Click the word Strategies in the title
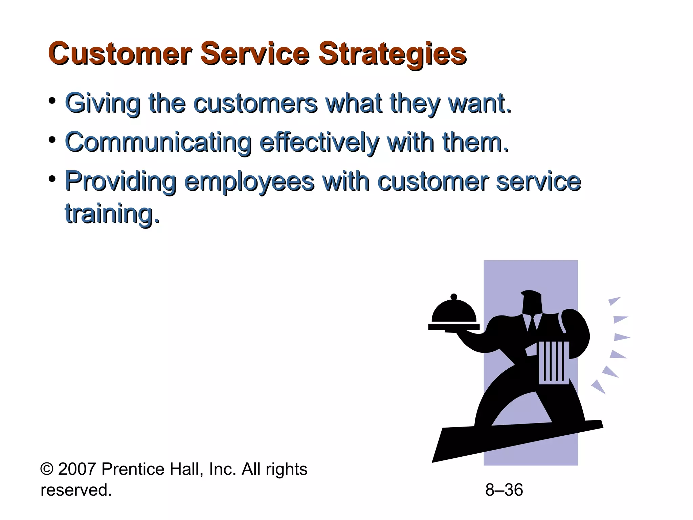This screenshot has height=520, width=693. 393,54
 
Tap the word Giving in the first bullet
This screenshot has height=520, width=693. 103,103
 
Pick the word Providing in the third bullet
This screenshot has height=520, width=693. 120,182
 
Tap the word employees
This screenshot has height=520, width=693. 249,182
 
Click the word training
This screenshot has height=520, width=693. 112,214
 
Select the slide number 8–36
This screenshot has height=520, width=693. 504,490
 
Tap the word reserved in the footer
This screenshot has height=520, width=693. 76,490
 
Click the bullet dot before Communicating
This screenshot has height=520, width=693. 52,140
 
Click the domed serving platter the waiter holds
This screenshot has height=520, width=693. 454,313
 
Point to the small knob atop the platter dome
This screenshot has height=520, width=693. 454,297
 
